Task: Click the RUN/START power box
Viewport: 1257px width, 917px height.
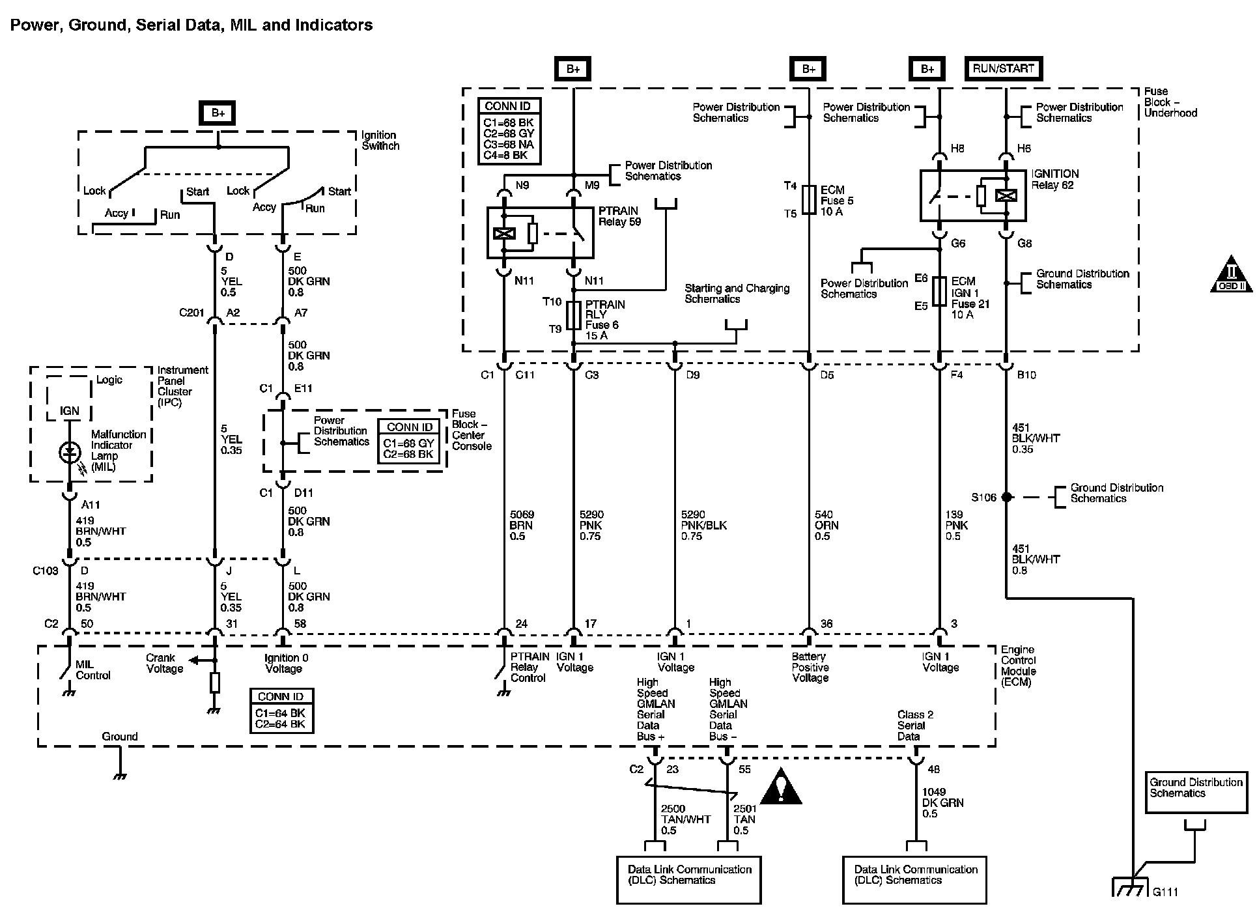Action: pyautogui.click(x=1003, y=68)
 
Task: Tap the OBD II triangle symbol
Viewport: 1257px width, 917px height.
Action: pyautogui.click(x=1231, y=274)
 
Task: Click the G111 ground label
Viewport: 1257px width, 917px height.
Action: pyautogui.click(x=1165, y=892)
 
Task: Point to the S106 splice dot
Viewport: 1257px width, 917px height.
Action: pyautogui.click(x=1006, y=497)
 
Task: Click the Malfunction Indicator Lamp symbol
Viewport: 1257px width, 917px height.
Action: pyautogui.click(x=69, y=452)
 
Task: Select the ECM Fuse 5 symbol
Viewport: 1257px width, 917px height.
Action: pyautogui.click(x=808, y=200)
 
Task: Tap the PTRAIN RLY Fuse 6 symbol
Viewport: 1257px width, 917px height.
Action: pyautogui.click(x=573, y=316)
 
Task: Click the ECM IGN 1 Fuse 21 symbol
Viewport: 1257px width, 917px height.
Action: pyautogui.click(x=939, y=291)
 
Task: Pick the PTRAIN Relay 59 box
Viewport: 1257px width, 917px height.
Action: pyautogui.click(x=541, y=233)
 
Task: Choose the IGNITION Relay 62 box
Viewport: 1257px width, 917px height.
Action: pyautogui.click(x=973, y=195)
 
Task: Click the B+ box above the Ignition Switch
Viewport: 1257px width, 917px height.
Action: pyautogui.click(x=218, y=113)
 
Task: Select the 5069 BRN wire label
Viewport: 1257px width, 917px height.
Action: pyautogui.click(x=522, y=525)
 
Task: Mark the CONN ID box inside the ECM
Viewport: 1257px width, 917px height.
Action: pyautogui.click(x=281, y=711)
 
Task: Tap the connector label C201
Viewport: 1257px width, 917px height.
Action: pyautogui.click(x=192, y=313)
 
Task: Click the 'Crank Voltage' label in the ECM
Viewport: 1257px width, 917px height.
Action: pyautogui.click(x=165, y=663)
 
